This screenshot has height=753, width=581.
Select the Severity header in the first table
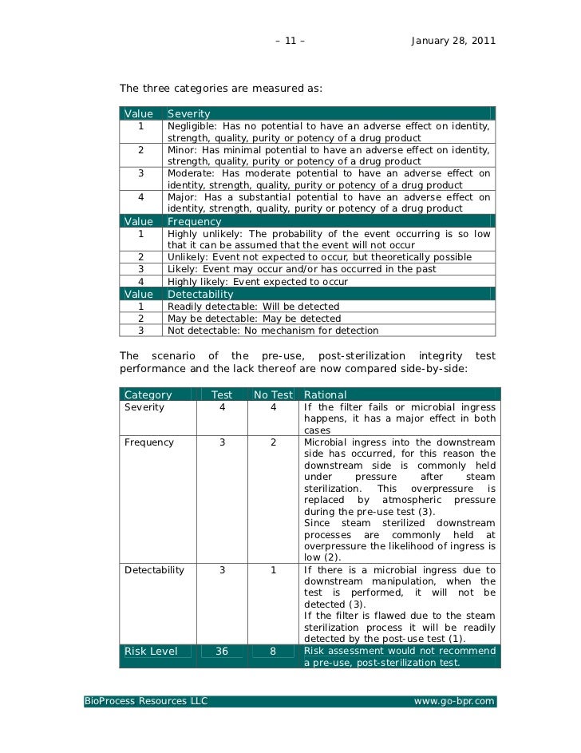click(x=189, y=114)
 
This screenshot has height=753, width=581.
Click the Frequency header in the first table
click(x=195, y=221)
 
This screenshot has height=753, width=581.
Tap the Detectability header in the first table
click(x=200, y=295)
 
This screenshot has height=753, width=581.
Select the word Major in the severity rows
click(x=182, y=197)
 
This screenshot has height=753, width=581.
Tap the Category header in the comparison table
click(x=148, y=394)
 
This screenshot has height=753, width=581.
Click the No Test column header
click(x=273, y=394)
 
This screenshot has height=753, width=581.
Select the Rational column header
click(x=326, y=394)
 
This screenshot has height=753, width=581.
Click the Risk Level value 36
click(x=222, y=652)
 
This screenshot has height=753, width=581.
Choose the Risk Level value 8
click(x=273, y=652)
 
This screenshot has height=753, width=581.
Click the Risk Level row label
click(x=151, y=652)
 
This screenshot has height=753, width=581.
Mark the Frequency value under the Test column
click(x=222, y=442)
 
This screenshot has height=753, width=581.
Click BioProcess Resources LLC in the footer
click(x=146, y=701)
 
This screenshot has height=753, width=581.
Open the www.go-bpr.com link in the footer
click(x=454, y=701)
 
